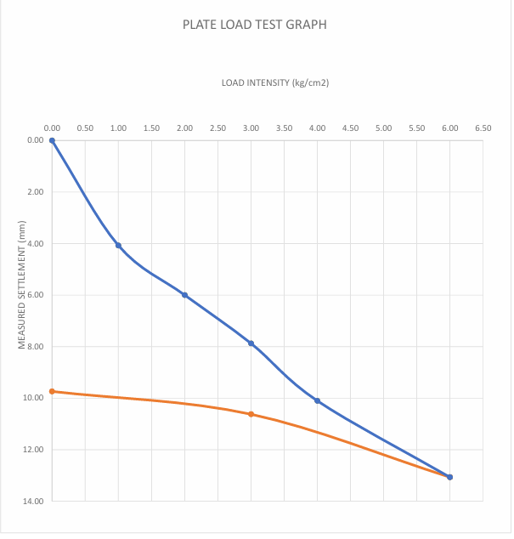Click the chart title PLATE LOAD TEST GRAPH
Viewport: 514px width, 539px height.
(x=255, y=25)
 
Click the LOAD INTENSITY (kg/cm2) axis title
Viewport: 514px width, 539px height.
(x=275, y=82)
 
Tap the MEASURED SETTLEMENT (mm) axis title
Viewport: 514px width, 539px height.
(x=22, y=285)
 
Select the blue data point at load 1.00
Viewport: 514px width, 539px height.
(x=119, y=246)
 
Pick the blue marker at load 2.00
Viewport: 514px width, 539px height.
(x=185, y=295)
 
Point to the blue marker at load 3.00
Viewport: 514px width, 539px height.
(x=251, y=343)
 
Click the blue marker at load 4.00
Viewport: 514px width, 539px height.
(x=318, y=400)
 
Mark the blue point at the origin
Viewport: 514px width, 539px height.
(x=52, y=140)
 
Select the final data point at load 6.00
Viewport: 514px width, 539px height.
(x=450, y=477)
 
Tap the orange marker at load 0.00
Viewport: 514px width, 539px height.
(x=52, y=392)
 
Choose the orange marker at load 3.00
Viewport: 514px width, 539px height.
(x=251, y=415)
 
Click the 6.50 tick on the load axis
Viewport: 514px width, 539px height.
(x=483, y=128)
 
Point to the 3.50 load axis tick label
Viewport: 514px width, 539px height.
(x=284, y=128)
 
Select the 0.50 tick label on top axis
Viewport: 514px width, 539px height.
(x=85, y=128)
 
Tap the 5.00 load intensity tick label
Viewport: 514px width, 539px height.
(x=384, y=128)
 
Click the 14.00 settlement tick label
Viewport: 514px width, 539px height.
(x=33, y=502)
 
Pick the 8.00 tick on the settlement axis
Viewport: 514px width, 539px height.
(x=36, y=347)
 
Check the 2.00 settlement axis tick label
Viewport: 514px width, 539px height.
(x=36, y=192)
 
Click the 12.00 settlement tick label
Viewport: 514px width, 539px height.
(x=33, y=450)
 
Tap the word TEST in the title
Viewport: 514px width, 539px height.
(x=268, y=25)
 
